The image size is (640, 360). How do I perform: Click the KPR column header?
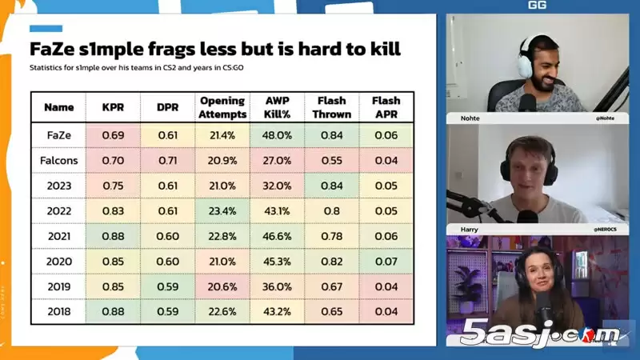pyautogui.click(x=113, y=107)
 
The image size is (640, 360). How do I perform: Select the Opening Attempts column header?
pyautogui.click(x=222, y=107)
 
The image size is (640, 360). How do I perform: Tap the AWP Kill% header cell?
pyautogui.click(x=277, y=107)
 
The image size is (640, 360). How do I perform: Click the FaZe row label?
pyautogui.click(x=58, y=135)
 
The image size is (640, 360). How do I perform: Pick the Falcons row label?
pyautogui.click(x=58, y=160)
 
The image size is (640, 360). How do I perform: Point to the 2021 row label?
pyautogui.click(x=58, y=235)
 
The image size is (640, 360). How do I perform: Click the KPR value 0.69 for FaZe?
pyautogui.click(x=113, y=135)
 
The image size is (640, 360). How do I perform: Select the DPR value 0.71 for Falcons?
pyautogui.click(x=167, y=160)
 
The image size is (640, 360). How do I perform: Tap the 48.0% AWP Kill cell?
pyautogui.click(x=277, y=135)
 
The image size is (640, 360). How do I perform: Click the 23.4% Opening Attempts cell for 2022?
pyautogui.click(x=222, y=210)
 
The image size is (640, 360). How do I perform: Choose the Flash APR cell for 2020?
pyautogui.click(x=386, y=261)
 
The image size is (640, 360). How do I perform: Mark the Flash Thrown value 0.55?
pyautogui.click(x=331, y=160)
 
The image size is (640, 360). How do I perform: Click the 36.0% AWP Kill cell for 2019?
pyautogui.click(x=277, y=286)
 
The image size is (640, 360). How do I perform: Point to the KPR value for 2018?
pyautogui.click(x=113, y=311)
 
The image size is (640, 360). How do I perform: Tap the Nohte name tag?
pyautogui.click(x=470, y=118)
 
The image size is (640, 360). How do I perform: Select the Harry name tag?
pyautogui.click(x=469, y=229)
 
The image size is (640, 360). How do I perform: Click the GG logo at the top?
pyautogui.click(x=537, y=6)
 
